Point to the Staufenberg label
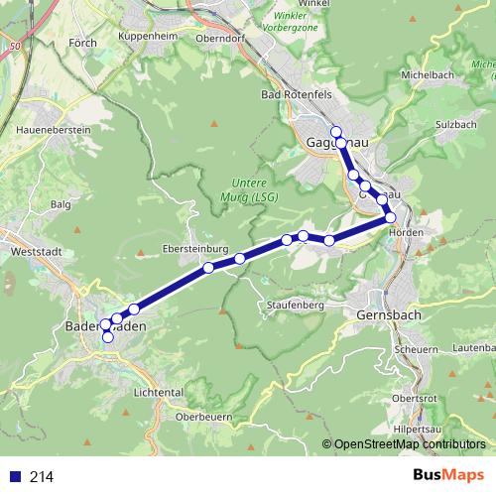click(x=296, y=306)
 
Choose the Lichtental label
click(x=157, y=392)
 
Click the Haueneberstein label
click(x=54, y=130)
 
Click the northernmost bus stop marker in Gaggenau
click(x=335, y=132)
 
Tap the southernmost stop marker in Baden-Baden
click(x=108, y=337)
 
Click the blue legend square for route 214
click(x=15, y=477)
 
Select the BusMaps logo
click(x=449, y=476)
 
